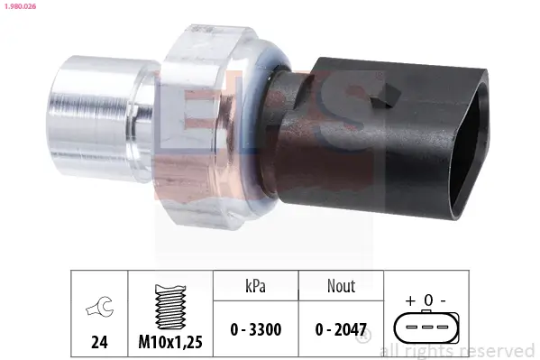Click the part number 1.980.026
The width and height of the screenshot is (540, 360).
[x=19, y=8]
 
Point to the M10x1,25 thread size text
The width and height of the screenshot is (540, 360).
[x=169, y=343]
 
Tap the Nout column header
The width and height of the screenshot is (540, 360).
[x=340, y=286]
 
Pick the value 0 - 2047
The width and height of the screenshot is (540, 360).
[x=340, y=329]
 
